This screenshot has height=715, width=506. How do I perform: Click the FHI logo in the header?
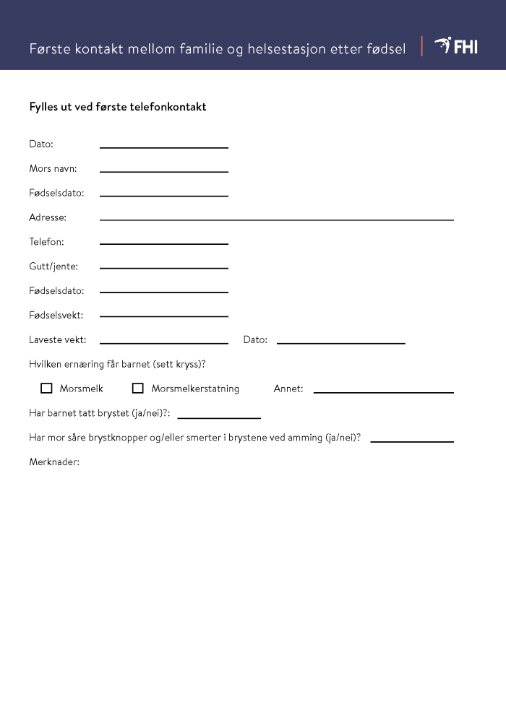(456, 47)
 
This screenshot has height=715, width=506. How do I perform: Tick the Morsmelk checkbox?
(47, 389)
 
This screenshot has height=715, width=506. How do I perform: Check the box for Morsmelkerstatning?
(138, 389)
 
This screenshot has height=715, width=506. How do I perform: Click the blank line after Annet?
(383, 390)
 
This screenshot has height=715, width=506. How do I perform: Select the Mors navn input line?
(164, 170)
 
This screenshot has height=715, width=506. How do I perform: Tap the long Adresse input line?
(276, 217)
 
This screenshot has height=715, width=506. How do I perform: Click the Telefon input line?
(164, 242)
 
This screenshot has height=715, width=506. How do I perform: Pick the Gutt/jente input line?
(164, 266)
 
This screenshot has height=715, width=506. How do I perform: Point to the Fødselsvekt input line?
(164, 315)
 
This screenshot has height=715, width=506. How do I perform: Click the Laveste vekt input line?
(164, 341)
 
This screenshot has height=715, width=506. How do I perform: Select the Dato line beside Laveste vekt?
(340, 341)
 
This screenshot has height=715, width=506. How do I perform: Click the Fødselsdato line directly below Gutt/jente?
(164, 290)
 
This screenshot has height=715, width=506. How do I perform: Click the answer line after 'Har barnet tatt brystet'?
(219, 416)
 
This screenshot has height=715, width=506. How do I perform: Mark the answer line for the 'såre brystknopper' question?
(412, 439)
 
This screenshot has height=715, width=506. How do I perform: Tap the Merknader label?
(54, 461)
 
